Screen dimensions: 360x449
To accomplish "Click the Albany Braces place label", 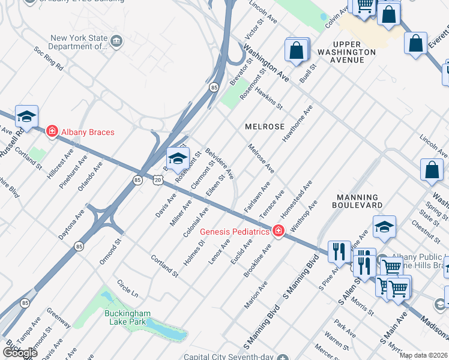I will (x=87, y=132).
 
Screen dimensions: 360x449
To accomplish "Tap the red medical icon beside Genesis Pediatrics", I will (x=278, y=231).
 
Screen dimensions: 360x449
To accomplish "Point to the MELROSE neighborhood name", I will (x=265, y=127).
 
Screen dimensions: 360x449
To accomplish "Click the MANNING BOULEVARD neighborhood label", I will (x=358, y=201).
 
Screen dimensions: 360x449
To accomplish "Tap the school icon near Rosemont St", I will (x=178, y=158).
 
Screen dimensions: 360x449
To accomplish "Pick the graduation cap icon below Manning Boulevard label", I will (x=384, y=227).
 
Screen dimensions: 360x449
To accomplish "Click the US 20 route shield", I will (x=157, y=179).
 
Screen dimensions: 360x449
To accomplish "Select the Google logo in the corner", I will (x=19, y=352).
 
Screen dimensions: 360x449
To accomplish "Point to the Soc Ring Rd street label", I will (x=48, y=58).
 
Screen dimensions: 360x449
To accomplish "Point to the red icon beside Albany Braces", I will (x=52, y=131).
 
